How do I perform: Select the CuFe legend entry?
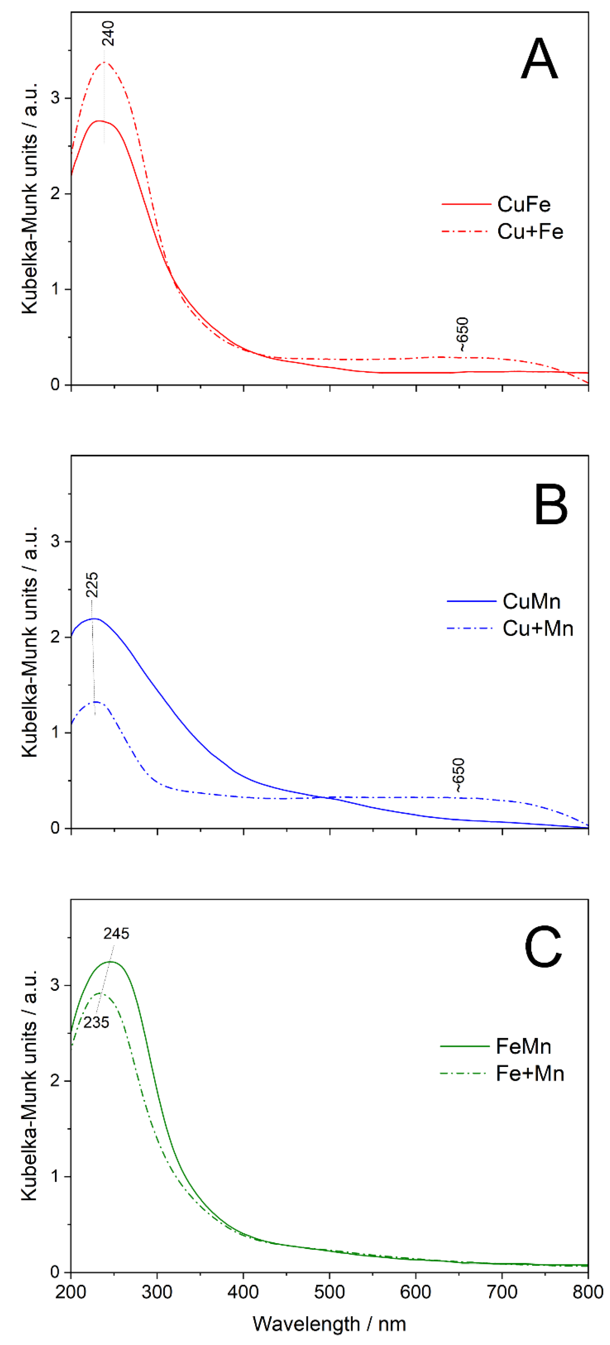[x=523, y=204]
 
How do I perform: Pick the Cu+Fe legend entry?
[x=530, y=231]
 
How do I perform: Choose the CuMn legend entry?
[x=531, y=601]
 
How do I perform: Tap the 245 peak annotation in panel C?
[x=116, y=933]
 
